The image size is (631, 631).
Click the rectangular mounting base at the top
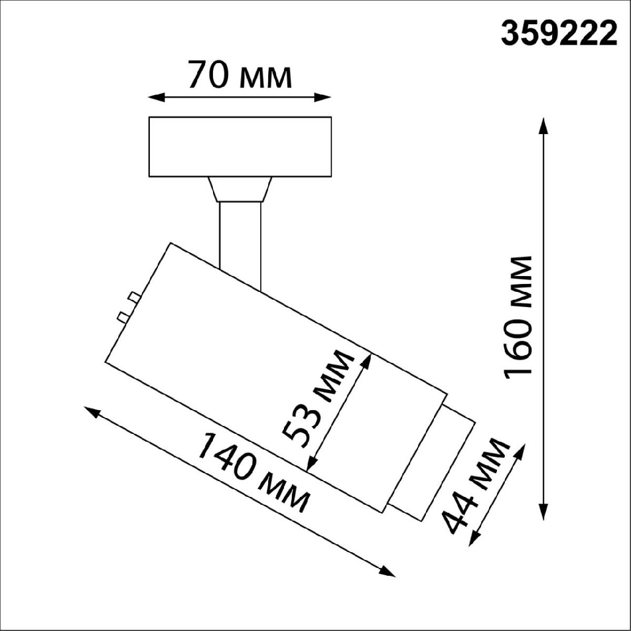[240, 147]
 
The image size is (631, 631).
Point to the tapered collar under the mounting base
[240, 189]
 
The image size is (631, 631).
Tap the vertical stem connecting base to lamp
[240, 237]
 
